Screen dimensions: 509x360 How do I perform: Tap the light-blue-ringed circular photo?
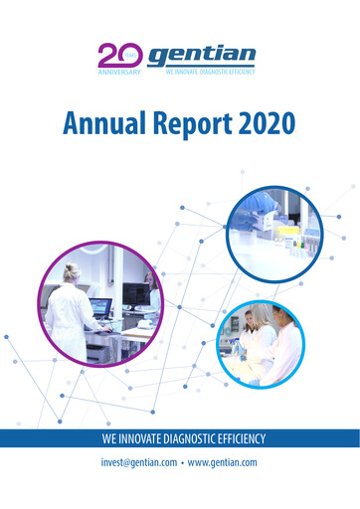click(262, 342)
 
